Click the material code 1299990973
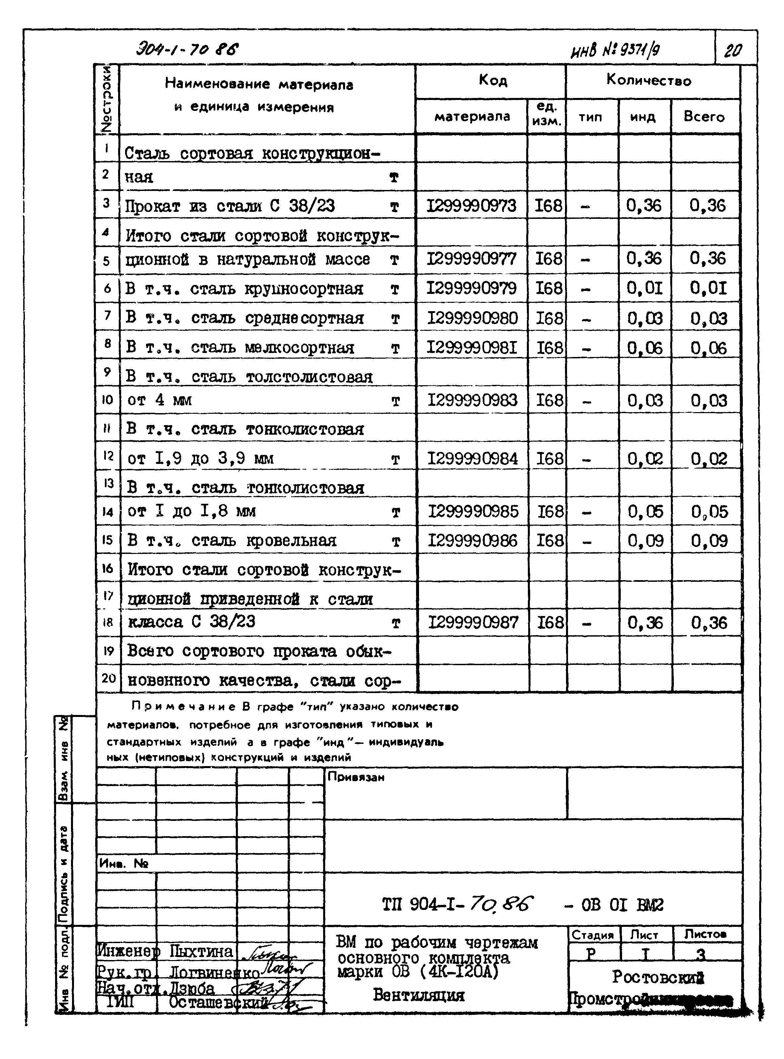tap(471, 206)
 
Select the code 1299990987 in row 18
tap(473, 622)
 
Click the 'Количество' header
tap(649, 80)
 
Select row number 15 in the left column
tap(107, 540)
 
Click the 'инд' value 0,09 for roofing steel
tap(645, 540)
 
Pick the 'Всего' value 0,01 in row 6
tap(708, 288)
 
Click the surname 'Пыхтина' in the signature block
tap(201, 951)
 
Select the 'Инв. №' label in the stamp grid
tap(123, 864)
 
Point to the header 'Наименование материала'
tap(259, 85)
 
